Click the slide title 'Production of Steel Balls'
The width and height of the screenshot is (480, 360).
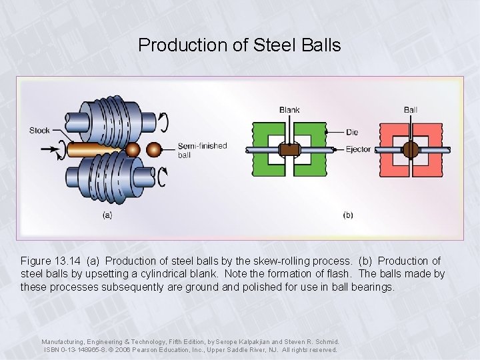(239, 45)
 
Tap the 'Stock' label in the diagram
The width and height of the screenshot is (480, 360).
(39, 130)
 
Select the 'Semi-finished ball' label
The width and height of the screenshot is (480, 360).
(202, 150)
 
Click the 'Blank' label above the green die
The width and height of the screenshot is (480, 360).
(289, 109)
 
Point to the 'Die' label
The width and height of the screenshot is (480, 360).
(354, 132)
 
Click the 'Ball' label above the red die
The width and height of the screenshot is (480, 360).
(411, 109)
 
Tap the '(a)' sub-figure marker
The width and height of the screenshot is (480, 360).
(107, 215)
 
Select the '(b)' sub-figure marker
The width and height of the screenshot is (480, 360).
(349, 215)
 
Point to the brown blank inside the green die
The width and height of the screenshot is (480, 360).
(289, 150)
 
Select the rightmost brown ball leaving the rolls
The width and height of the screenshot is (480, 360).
(155, 149)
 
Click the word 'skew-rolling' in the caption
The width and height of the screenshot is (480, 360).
(292, 261)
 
